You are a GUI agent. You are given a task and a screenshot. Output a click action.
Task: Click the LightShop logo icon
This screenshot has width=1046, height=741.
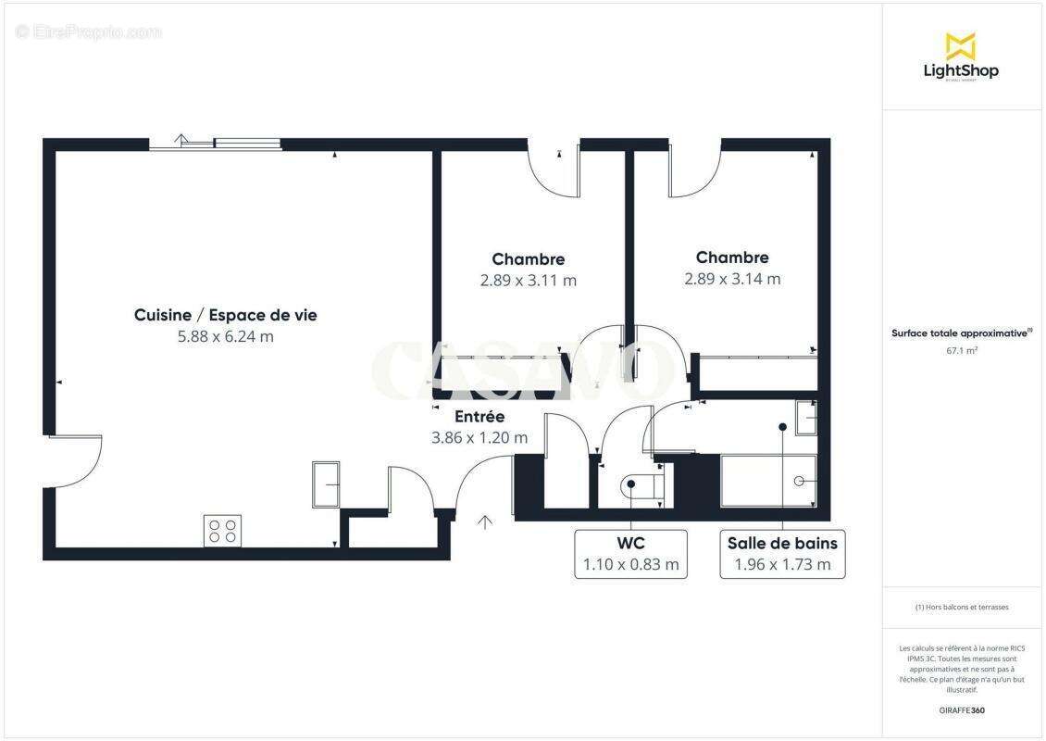click(x=960, y=45)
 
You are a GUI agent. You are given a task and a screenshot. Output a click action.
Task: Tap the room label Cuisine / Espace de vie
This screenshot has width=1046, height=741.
click(x=225, y=315)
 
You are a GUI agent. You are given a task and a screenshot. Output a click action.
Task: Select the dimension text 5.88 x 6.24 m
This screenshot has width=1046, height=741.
click(x=225, y=337)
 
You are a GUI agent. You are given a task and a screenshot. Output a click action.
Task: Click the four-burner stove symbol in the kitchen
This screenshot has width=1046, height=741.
click(x=222, y=531)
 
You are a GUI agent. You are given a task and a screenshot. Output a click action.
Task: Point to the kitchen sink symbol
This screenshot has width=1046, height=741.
click(x=326, y=484)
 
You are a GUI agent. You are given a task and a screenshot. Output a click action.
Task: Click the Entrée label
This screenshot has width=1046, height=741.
click(x=479, y=417)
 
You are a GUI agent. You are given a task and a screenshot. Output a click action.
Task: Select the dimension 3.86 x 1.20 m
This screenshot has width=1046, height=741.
click(x=479, y=438)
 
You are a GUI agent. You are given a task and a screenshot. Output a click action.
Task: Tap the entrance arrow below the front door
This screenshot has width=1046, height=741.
click(x=484, y=523)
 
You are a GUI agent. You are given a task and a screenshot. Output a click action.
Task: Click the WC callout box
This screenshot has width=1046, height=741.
click(x=630, y=554)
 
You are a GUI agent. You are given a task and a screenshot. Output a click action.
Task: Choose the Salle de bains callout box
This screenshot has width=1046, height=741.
click(x=782, y=554)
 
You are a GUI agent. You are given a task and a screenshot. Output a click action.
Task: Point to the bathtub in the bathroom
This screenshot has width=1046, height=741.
click(x=767, y=481)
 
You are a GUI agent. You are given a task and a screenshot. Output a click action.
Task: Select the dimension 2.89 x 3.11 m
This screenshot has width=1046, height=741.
click(x=528, y=281)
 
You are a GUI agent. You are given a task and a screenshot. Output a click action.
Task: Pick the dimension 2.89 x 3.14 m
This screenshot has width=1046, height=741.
click(x=732, y=279)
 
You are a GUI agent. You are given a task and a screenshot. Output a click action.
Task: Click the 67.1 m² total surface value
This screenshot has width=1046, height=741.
click(x=963, y=351)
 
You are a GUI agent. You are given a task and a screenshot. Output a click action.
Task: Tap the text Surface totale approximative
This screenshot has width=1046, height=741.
click(x=960, y=333)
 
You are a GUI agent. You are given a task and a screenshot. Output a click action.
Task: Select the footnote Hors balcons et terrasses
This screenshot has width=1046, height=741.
click(x=963, y=608)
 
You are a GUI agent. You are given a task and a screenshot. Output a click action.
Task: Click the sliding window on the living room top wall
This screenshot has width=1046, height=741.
click(x=216, y=144)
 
